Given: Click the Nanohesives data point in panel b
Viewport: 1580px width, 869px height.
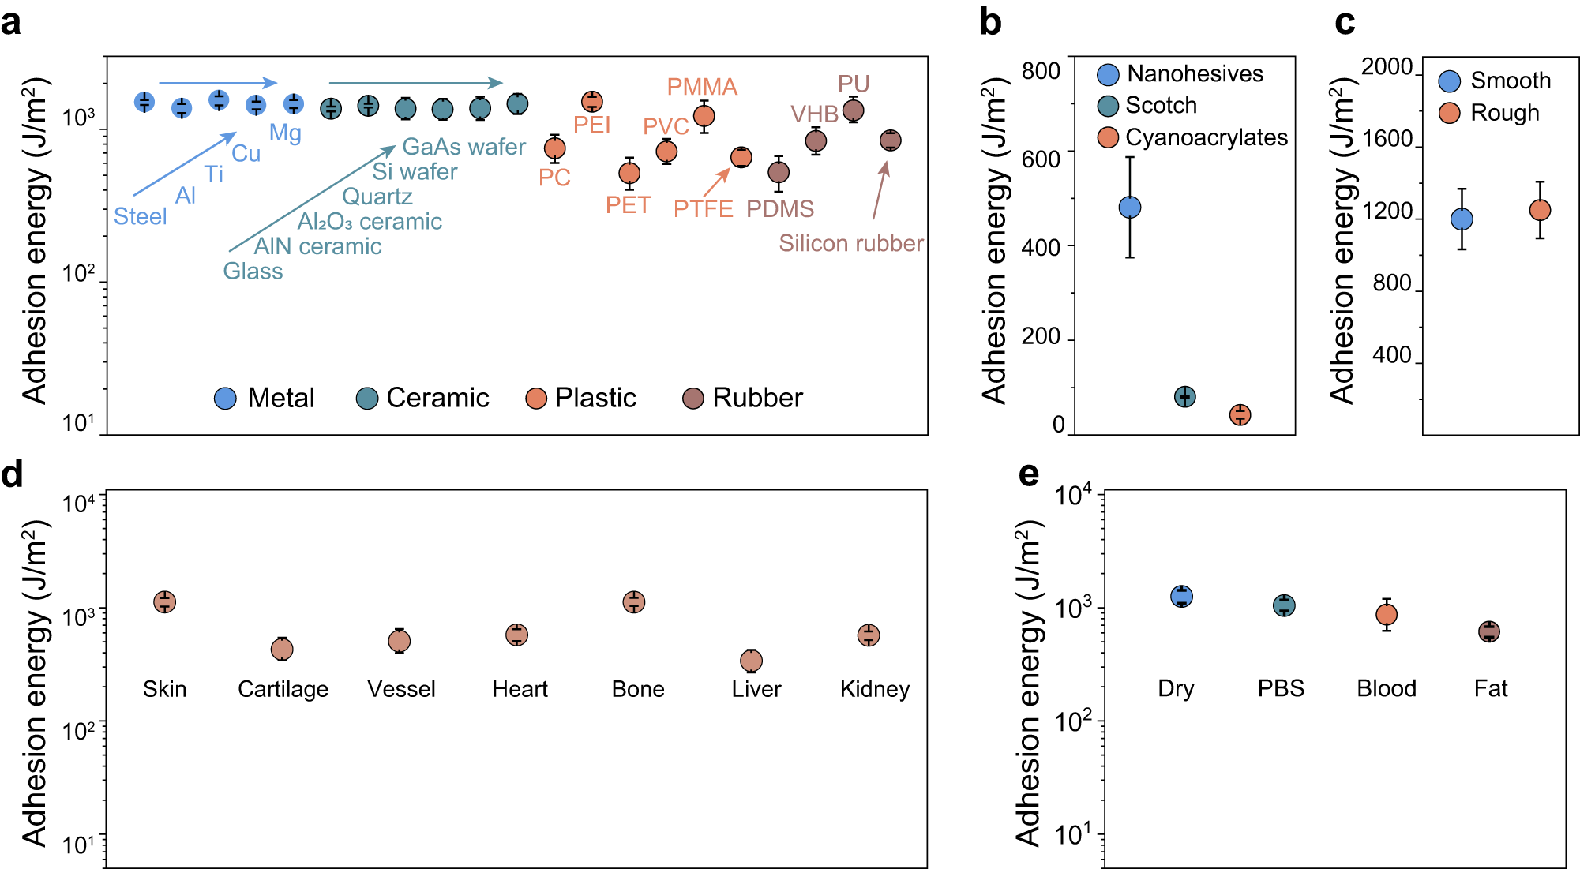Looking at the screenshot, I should [x=1130, y=208].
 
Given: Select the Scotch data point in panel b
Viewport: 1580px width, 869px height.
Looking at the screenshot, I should [x=1184, y=396].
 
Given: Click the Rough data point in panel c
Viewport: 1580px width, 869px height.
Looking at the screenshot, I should [x=1540, y=210].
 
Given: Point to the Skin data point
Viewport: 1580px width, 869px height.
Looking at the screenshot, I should [x=164, y=602].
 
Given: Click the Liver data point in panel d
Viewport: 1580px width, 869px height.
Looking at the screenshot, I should [x=751, y=661].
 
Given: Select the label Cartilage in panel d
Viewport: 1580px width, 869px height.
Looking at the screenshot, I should [x=283, y=689].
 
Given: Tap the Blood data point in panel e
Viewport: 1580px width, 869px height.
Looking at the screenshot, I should [x=1386, y=614].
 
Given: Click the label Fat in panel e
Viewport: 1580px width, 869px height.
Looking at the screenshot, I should [x=1490, y=688].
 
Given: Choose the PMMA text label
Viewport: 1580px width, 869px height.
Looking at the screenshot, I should [x=702, y=87].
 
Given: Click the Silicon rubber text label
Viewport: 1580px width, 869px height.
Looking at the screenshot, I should [x=850, y=243].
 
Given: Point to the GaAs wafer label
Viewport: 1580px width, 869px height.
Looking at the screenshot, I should [x=463, y=147].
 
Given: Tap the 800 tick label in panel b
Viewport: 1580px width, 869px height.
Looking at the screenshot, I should [x=1040, y=71].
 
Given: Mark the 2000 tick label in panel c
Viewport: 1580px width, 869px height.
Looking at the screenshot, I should [x=1387, y=67].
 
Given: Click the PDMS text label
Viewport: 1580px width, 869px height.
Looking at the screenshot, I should [x=779, y=209].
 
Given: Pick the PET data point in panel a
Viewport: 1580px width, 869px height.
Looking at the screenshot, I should [x=629, y=173].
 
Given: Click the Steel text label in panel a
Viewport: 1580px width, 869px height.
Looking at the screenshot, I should [x=140, y=216].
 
